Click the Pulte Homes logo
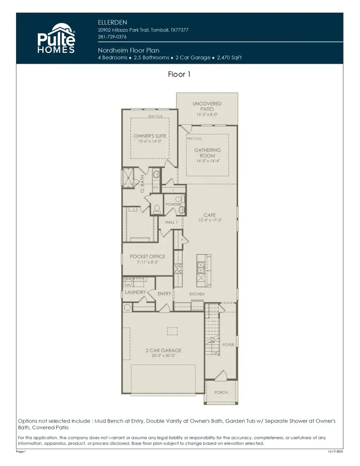[56, 38]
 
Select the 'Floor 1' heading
[180, 74]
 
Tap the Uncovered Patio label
[207, 106]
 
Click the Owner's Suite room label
[150, 136]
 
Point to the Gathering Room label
[208, 153]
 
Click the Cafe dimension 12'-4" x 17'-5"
[210, 221]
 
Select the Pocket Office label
[148, 257]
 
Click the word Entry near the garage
[164, 294]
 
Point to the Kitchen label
[197, 294]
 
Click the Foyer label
[228, 345]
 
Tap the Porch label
[221, 392]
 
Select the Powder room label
[174, 205]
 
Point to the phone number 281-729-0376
[112, 37]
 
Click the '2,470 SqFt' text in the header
[229, 58]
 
